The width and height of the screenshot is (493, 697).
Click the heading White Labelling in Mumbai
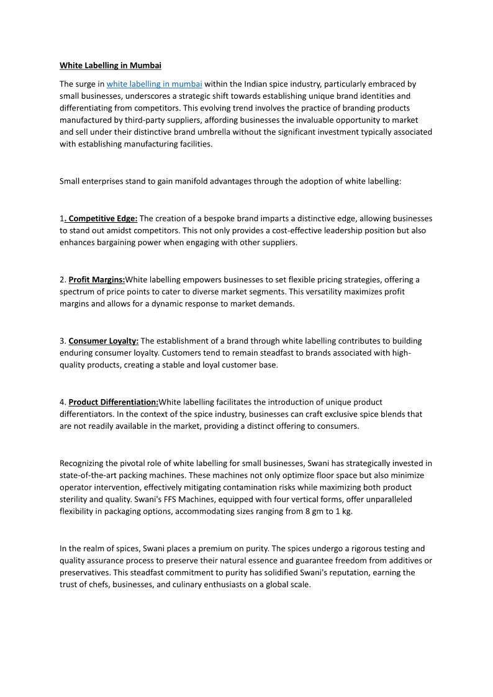point(110,65)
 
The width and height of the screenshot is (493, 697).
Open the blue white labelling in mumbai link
point(154,84)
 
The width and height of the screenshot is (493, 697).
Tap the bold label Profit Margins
point(96,279)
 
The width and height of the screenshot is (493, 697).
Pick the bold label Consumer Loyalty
point(103,341)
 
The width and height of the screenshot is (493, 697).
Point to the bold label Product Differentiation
point(113,402)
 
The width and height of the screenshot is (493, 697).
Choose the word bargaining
point(115,243)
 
